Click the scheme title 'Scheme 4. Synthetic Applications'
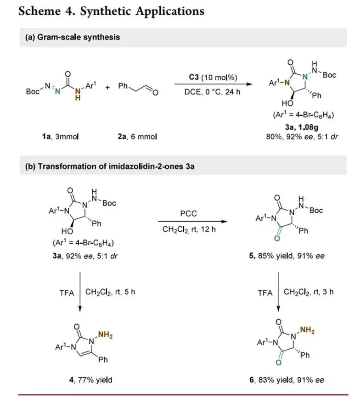click(x=111, y=11)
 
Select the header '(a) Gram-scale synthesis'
click(x=73, y=37)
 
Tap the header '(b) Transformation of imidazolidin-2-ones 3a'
click(x=110, y=166)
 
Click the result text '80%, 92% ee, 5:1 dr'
click(x=302, y=136)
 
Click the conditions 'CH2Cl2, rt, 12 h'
click(x=189, y=229)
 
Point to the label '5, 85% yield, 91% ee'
click(x=289, y=256)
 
